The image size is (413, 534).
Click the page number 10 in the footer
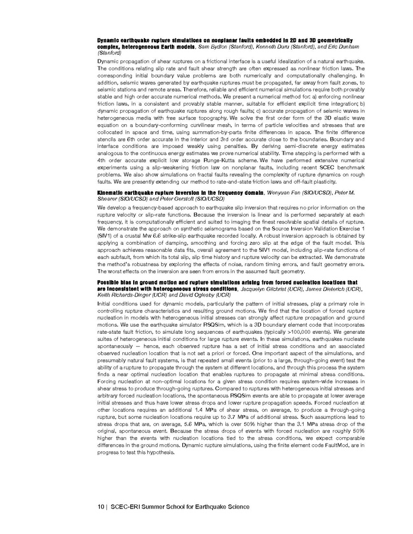pyautogui.click(x=102, y=506)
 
